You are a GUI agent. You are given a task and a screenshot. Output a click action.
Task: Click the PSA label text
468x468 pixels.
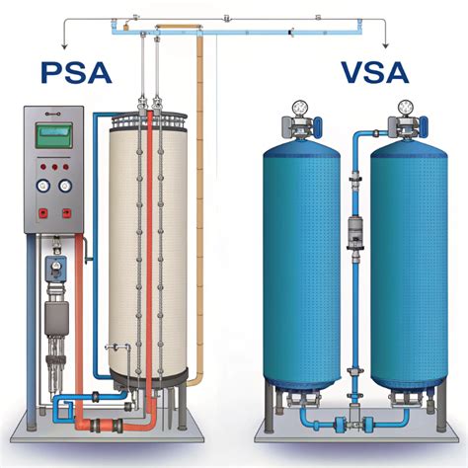point(76,72)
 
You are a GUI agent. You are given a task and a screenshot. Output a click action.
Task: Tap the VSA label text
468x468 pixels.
point(375,72)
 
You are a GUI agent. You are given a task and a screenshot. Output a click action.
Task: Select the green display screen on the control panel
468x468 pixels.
point(54,135)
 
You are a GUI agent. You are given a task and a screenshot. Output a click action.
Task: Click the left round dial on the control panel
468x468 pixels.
point(43,186)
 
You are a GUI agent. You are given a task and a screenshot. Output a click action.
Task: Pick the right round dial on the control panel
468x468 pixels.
point(65,186)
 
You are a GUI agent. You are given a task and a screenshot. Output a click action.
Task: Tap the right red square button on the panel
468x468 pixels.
point(67,213)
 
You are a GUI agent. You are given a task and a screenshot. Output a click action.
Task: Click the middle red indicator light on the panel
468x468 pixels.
point(54,167)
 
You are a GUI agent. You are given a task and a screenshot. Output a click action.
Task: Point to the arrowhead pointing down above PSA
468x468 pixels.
point(64,46)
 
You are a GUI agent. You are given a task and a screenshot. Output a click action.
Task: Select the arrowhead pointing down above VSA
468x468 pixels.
point(386,46)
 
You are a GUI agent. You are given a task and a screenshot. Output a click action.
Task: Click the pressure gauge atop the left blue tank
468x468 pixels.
point(299,107)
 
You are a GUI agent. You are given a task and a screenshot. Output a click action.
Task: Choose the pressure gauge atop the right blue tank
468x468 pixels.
point(405,107)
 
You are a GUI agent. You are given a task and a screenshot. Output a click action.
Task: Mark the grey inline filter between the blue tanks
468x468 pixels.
point(355,232)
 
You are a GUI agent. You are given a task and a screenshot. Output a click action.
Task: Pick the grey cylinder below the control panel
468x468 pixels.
point(56,314)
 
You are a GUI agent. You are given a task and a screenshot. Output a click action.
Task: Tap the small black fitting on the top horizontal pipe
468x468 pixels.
point(290,33)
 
